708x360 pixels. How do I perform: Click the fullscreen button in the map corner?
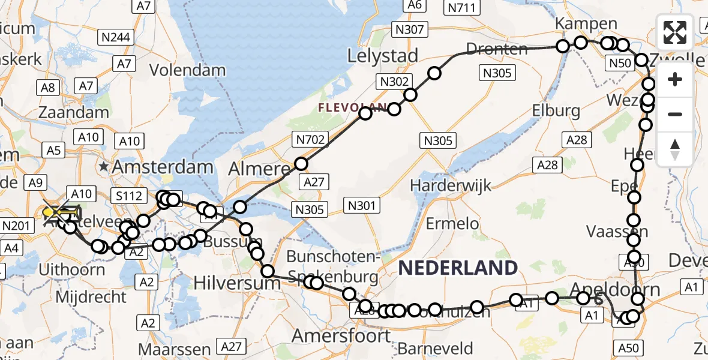(x=675, y=32)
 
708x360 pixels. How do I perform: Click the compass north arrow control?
(x=675, y=149)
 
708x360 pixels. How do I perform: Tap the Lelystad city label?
(x=383, y=56)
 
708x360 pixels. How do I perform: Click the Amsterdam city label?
(x=166, y=167)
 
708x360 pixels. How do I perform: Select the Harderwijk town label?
(x=451, y=185)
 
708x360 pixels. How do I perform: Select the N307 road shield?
(x=410, y=29)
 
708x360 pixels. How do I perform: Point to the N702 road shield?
(x=310, y=140)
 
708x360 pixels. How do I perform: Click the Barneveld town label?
(x=435, y=348)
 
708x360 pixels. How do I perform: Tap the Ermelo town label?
(x=452, y=224)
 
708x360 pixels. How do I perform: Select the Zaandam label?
(x=74, y=112)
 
